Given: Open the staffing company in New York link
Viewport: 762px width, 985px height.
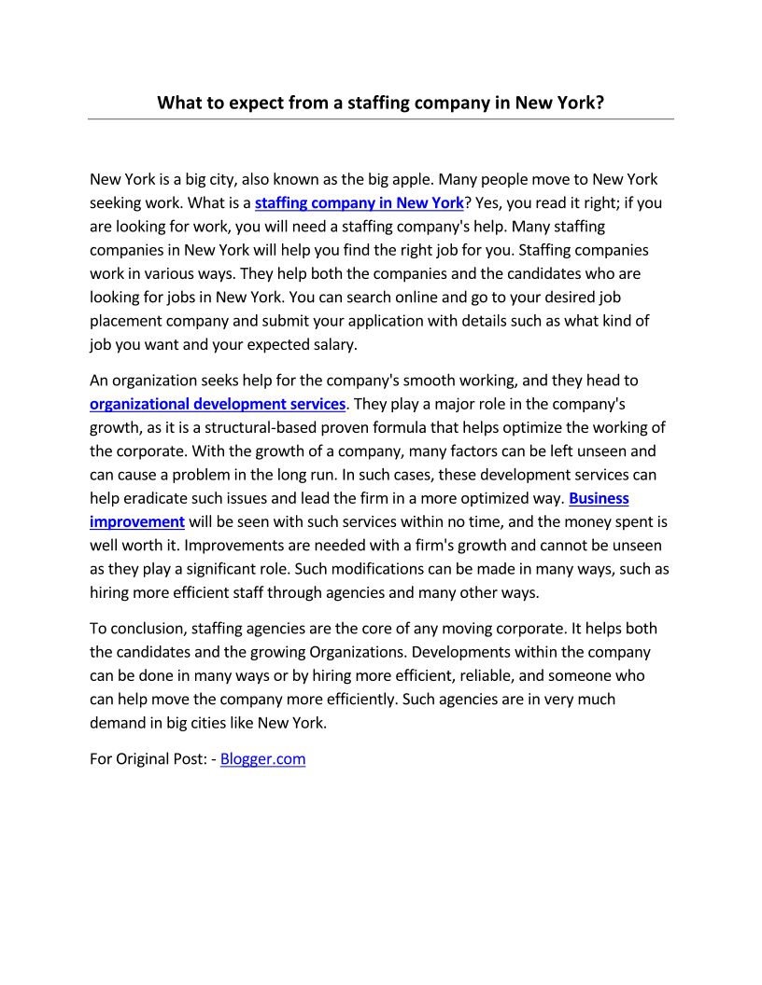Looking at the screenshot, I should pos(359,202).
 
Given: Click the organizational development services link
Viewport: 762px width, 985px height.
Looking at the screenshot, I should pos(218,404).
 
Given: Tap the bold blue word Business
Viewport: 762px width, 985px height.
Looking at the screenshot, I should pos(599,498).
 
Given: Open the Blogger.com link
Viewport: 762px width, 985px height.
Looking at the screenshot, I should pos(262,758).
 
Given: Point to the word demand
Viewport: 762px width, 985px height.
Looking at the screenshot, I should pos(120,722).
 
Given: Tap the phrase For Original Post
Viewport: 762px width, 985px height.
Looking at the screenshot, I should pos(148,758).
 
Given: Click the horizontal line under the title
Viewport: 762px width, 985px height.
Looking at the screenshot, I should pos(381,119).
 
